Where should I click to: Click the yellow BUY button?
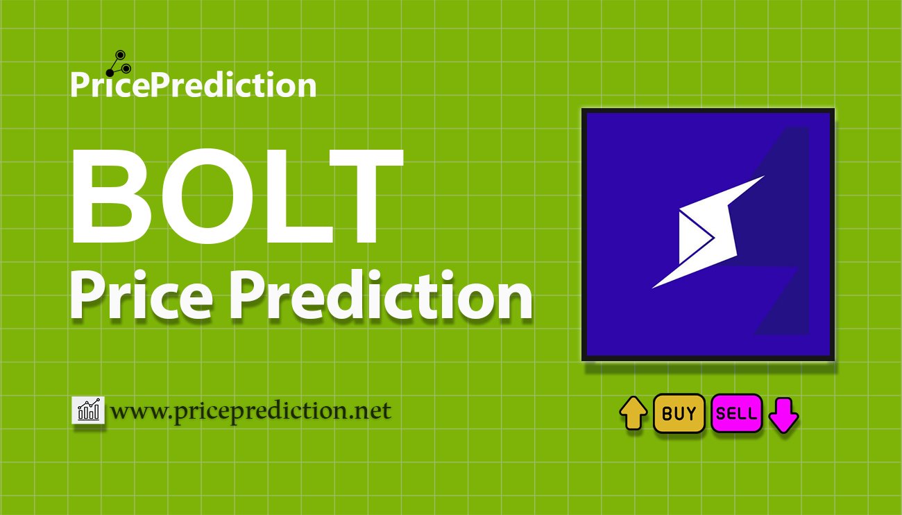[x=679, y=414]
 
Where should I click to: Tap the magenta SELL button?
[x=736, y=414]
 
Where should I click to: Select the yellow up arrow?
[x=633, y=413]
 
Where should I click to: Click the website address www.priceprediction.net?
[x=250, y=411]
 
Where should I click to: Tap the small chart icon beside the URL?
[x=88, y=410]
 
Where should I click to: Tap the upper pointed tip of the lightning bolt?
[x=761, y=177]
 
